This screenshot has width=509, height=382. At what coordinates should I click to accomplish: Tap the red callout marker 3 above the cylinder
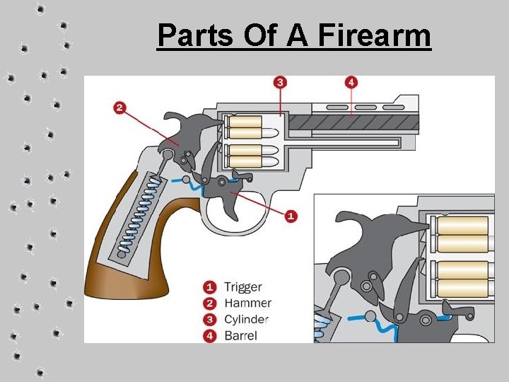[x=281, y=83]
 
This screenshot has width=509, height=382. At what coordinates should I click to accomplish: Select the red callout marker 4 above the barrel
[x=351, y=83]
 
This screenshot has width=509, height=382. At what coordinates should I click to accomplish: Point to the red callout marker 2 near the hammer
[x=119, y=108]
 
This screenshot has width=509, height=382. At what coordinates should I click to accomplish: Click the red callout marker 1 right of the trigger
[x=291, y=216]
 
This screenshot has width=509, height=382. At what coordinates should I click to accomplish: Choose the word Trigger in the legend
[x=243, y=287]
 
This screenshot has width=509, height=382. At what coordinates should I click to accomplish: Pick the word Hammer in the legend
[x=247, y=303]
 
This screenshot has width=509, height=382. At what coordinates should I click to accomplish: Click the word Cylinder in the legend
[x=246, y=319]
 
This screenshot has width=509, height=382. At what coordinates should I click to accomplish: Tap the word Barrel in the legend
[x=241, y=335]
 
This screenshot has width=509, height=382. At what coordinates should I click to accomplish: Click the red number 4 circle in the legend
[x=210, y=335]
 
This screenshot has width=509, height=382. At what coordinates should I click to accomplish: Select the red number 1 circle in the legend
[x=210, y=287]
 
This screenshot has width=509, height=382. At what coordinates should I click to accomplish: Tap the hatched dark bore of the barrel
[x=353, y=122]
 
